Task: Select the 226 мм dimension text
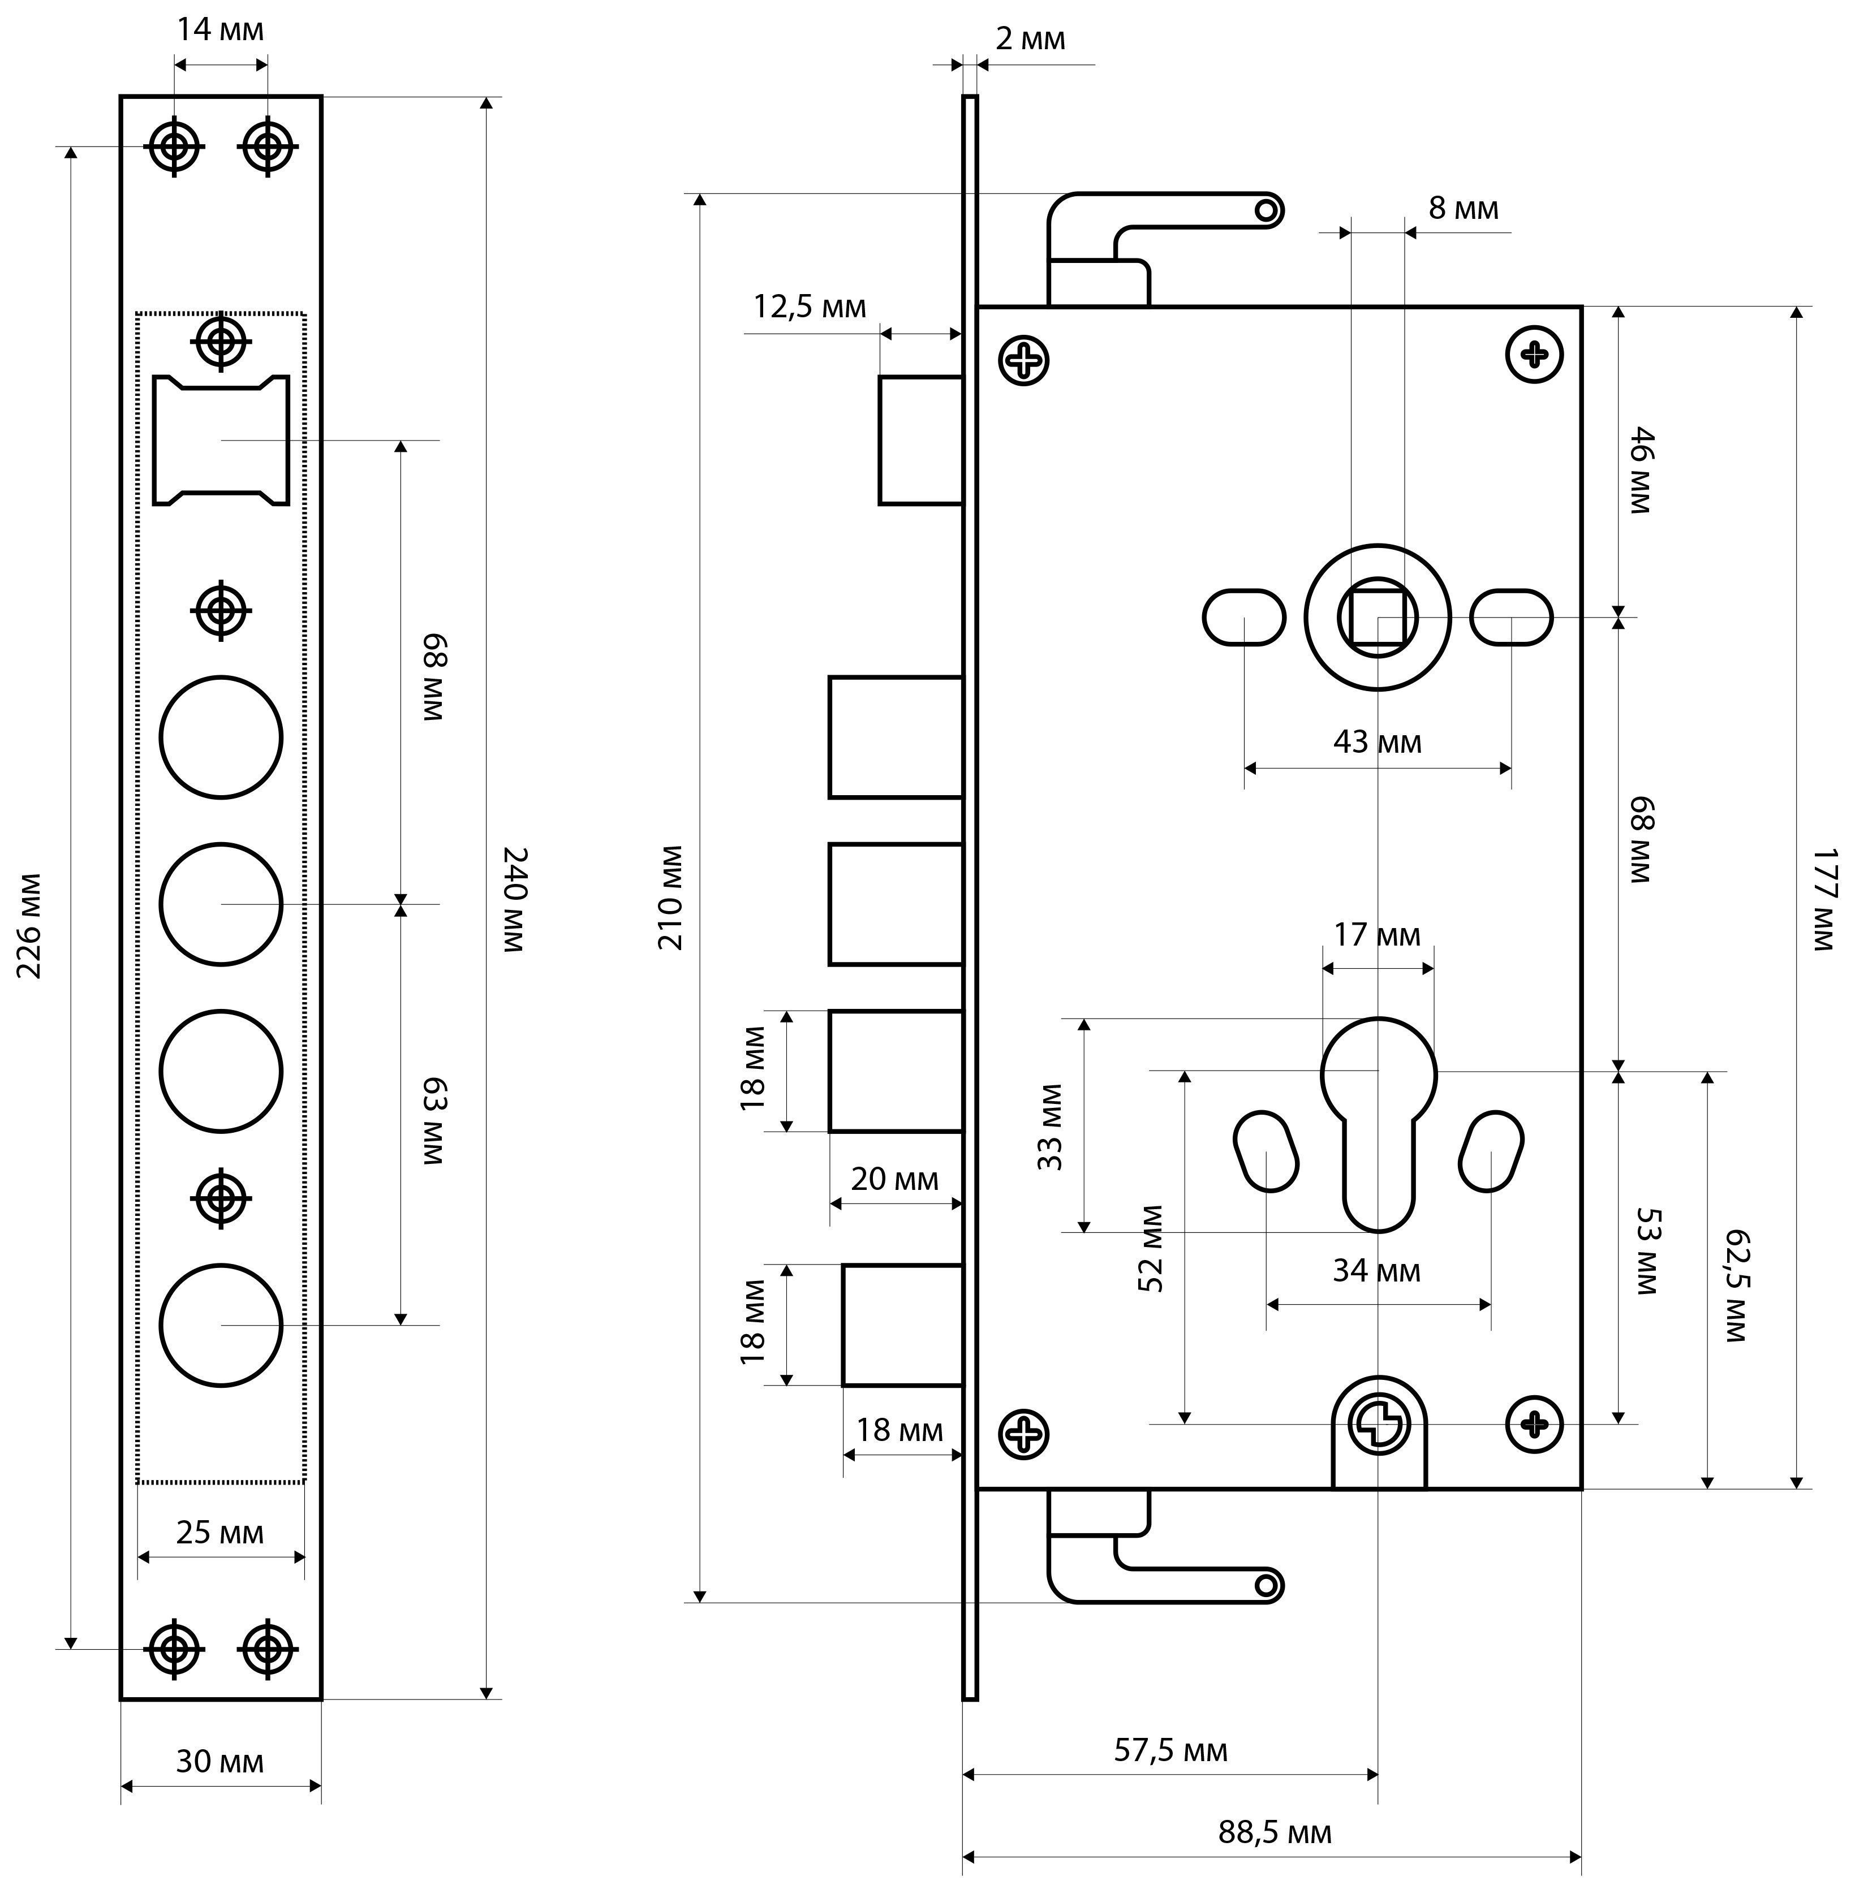(x=29, y=925)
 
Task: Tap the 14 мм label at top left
(x=220, y=30)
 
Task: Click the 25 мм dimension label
(x=220, y=1533)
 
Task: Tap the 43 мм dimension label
(x=1377, y=742)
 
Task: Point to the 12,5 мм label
(x=809, y=307)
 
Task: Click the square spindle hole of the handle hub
(x=1377, y=617)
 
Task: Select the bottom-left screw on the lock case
(x=1023, y=1434)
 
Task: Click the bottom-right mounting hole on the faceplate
(x=268, y=1649)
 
